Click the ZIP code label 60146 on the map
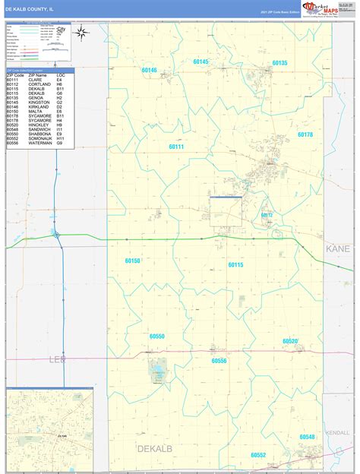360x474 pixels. (x=148, y=71)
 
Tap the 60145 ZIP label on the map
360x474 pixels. (x=201, y=62)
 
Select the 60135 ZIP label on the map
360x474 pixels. (x=279, y=62)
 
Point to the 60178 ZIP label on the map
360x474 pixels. (x=305, y=134)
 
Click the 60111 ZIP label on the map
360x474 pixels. (x=176, y=147)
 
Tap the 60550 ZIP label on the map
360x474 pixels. (x=157, y=336)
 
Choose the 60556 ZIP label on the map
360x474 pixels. (x=219, y=361)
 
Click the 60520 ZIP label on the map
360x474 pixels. (x=290, y=342)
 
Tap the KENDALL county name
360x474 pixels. (x=336, y=432)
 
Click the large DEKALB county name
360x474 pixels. (x=155, y=449)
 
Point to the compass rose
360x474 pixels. (x=81, y=32)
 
